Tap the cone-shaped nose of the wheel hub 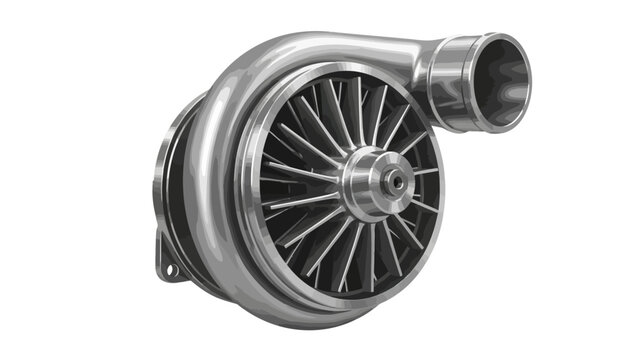(x=390, y=181)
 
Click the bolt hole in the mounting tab (x=168, y=271)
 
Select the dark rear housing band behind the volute (x=175, y=190)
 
